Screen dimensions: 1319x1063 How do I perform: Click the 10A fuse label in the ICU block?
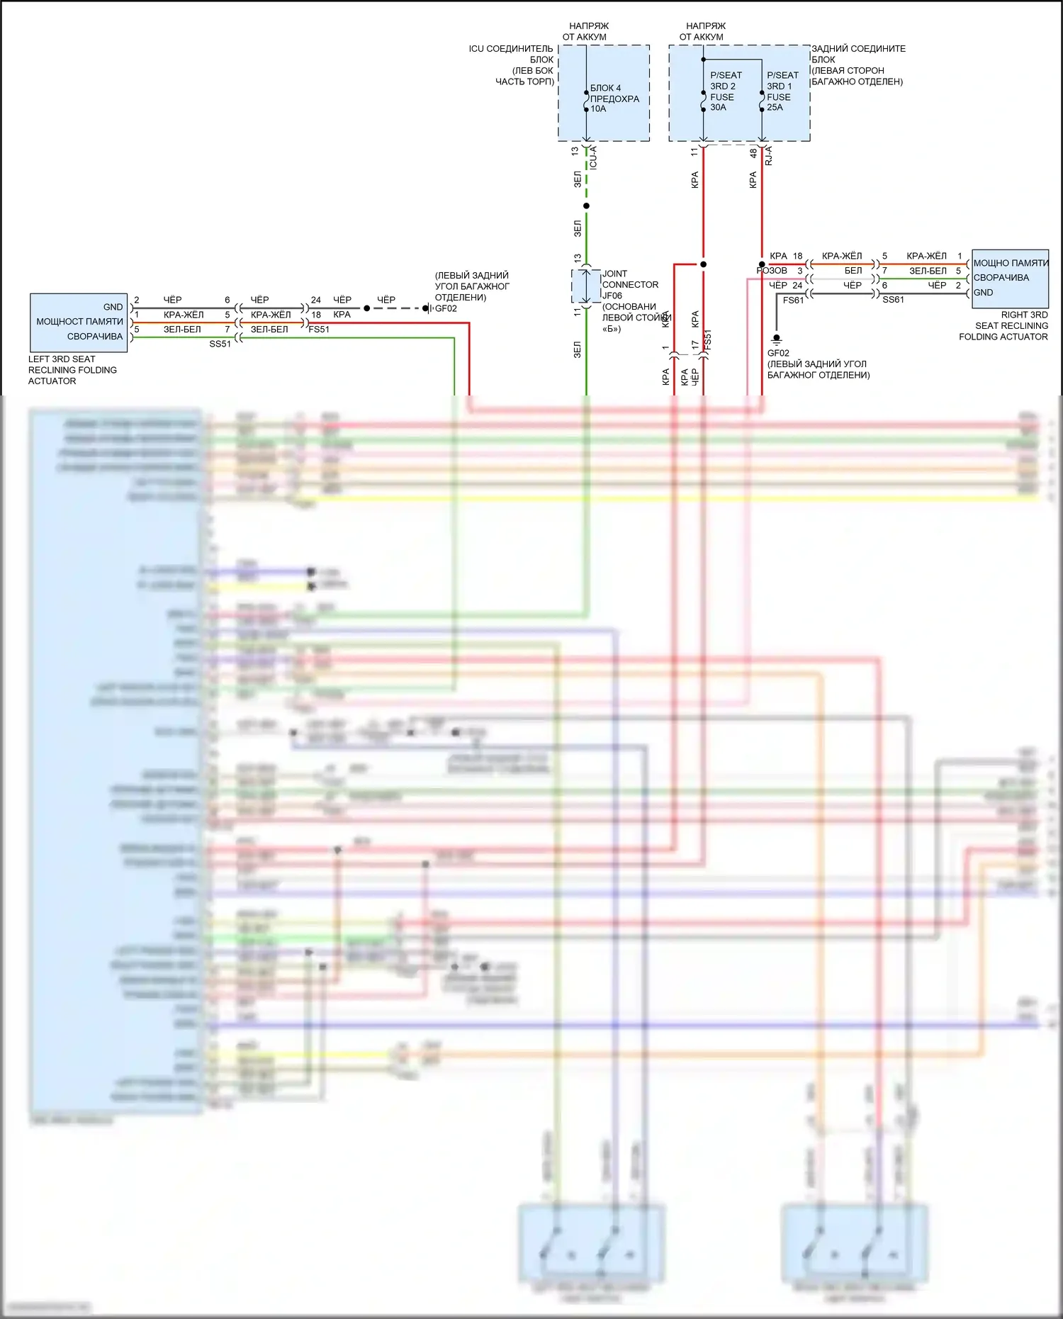click(x=599, y=109)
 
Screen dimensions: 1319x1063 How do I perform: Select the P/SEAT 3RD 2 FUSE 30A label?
click(x=726, y=91)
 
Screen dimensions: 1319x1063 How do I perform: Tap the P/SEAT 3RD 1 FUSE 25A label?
click(x=782, y=91)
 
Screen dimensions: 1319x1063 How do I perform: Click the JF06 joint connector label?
click(x=612, y=296)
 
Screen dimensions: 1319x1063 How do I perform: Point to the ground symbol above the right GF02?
click(x=777, y=339)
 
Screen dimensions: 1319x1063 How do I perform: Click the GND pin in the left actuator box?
click(x=113, y=307)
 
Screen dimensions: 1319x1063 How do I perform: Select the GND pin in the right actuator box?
click(x=983, y=293)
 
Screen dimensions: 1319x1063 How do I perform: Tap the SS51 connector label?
click(x=220, y=344)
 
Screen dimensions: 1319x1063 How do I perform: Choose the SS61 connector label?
click(x=893, y=300)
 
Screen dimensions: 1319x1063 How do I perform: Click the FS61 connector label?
click(x=793, y=301)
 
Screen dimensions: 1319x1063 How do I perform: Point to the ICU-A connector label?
click(x=593, y=157)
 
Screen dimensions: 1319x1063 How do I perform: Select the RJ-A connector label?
click(x=769, y=156)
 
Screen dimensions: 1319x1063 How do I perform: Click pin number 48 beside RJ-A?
click(x=753, y=152)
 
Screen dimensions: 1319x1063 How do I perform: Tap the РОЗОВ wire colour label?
click(x=772, y=271)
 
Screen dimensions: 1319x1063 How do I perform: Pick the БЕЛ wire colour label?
click(x=853, y=271)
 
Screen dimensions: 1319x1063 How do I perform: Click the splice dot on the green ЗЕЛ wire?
click(x=586, y=206)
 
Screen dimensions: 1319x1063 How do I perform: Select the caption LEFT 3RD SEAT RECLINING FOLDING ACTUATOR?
click(x=72, y=370)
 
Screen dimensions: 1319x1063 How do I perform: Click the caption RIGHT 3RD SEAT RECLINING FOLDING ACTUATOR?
click(x=1003, y=326)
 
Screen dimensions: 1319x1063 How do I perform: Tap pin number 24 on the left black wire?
click(x=316, y=300)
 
